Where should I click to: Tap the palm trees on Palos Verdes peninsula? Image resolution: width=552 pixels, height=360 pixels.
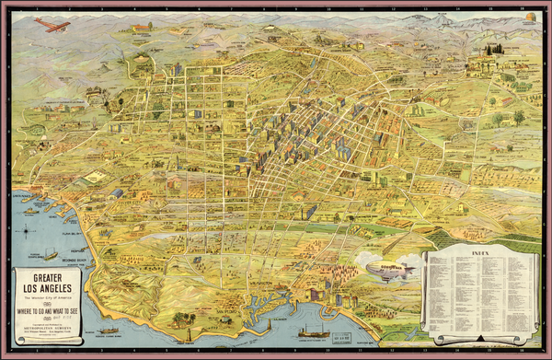coord(180,319)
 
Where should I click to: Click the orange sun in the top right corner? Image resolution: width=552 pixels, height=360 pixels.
coord(531,17)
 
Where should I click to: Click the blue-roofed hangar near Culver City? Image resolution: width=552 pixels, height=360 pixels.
coord(117,193)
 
